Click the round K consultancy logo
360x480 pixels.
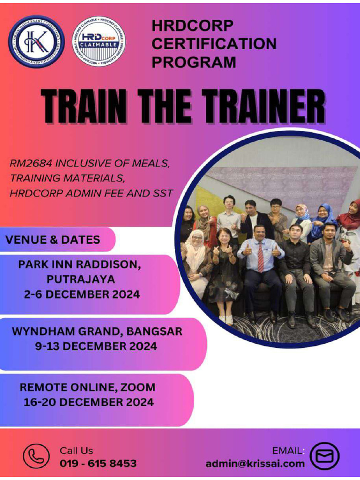(36, 41)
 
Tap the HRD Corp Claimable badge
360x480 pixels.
(99, 41)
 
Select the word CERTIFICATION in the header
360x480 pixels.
(214, 44)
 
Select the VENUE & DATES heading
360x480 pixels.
(52, 240)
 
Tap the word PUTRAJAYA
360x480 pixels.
(81, 279)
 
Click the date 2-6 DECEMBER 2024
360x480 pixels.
(82, 294)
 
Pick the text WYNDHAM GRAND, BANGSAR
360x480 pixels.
(97, 331)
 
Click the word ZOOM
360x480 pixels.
(138, 387)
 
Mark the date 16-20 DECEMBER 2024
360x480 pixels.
(89, 402)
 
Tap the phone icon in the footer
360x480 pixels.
(36, 457)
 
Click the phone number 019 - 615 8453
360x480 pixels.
(98, 464)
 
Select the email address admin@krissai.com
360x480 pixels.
(255, 464)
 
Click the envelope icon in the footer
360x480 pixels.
(325, 457)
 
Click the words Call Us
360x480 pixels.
(76, 450)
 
